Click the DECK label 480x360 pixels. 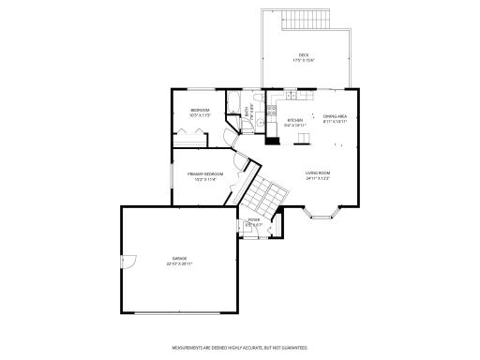click(x=304, y=55)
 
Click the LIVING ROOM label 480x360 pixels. click(x=318, y=173)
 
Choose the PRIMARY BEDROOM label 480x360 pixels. click(x=205, y=173)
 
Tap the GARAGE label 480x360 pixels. click(x=179, y=258)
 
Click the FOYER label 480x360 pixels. click(x=253, y=219)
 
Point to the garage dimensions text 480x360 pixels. click(x=179, y=263)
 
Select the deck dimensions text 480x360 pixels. click(x=304, y=61)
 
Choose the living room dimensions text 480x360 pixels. click(x=318, y=179)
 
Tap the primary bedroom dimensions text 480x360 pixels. click(x=205, y=179)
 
